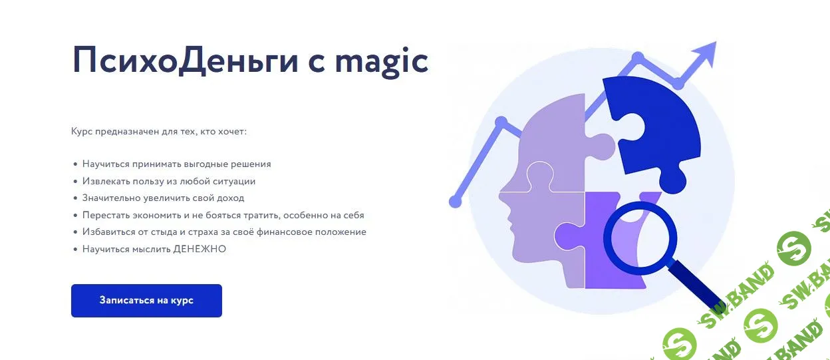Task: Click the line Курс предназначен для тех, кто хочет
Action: point(159,132)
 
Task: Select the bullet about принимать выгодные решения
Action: point(176,164)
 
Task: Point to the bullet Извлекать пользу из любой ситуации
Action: point(169,181)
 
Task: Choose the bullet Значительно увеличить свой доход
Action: point(163,198)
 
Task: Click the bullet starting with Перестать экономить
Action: point(223,216)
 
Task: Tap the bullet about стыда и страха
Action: point(224,232)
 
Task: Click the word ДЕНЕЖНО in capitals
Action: point(200,250)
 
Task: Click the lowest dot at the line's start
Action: point(456,201)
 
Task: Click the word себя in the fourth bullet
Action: point(353,216)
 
